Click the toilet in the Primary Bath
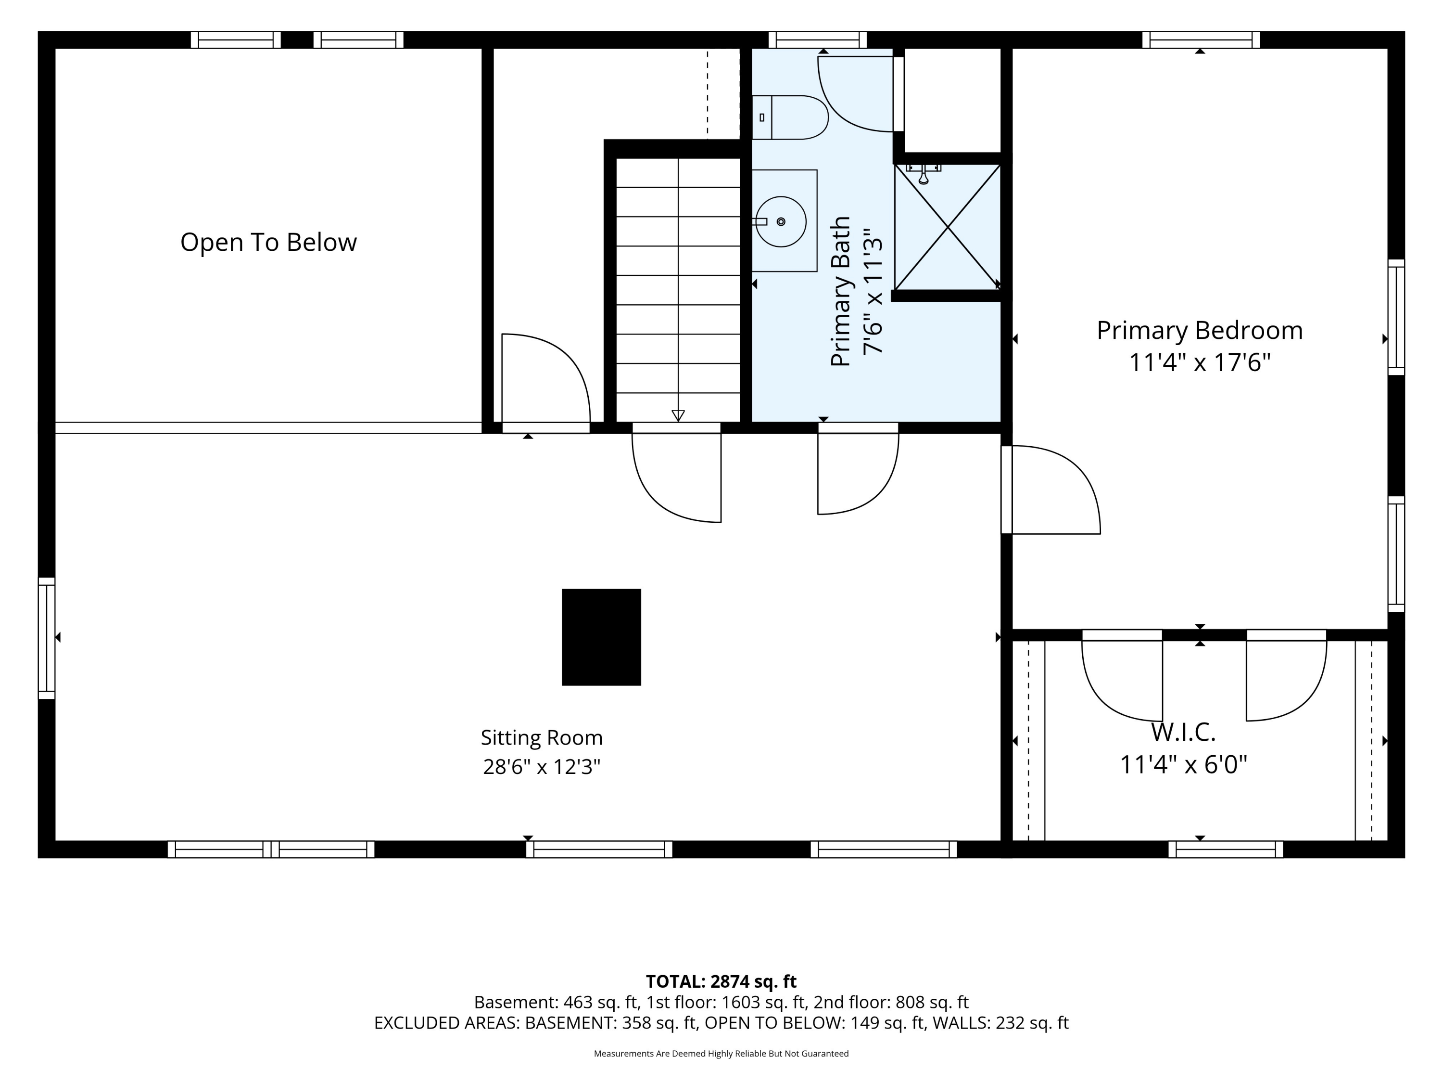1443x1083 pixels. [789, 117]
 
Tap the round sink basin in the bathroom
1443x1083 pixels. [781, 221]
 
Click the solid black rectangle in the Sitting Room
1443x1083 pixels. [601, 637]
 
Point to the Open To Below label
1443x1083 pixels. [269, 242]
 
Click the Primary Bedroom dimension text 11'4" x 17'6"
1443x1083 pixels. [1200, 362]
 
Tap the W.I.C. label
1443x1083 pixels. [1183, 733]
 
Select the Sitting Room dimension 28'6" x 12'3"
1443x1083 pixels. [542, 766]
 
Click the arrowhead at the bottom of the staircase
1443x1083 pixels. [678, 415]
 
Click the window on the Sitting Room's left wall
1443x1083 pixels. [46, 638]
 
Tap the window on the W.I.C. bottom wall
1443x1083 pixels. [1226, 849]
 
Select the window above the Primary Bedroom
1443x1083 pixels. [1201, 40]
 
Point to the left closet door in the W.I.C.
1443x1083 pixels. [1122, 676]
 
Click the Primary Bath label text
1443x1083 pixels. [841, 291]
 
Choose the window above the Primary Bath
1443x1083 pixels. [817, 40]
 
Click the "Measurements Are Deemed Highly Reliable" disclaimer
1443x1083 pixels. [721, 1054]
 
